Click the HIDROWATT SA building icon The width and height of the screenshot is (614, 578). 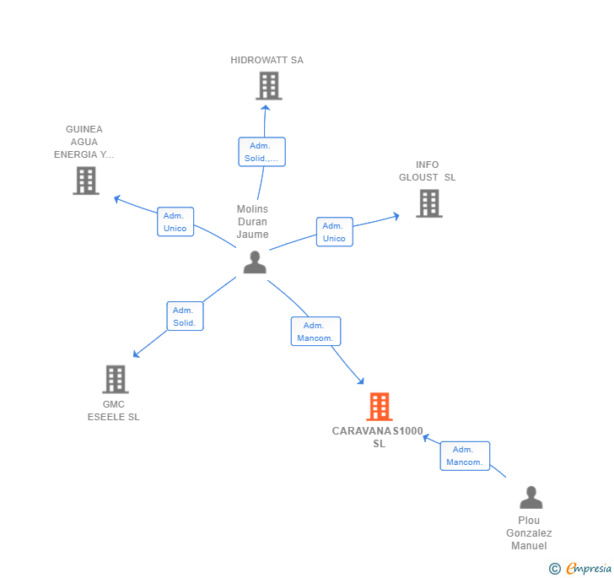[x=268, y=86]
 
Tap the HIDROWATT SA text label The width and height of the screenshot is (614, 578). [x=267, y=60]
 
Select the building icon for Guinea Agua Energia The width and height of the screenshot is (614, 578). [x=85, y=181]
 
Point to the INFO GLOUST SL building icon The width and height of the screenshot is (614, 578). [x=428, y=203]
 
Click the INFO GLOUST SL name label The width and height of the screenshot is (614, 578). [x=427, y=171]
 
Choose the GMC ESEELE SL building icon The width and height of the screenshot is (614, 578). [x=116, y=380]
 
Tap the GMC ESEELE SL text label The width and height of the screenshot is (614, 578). [x=113, y=410]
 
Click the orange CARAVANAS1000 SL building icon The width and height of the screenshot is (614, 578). [x=380, y=407]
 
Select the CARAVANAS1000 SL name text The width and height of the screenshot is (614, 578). [x=378, y=437]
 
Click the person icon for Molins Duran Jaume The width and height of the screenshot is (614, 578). [x=254, y=262]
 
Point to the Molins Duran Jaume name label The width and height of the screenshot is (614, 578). [x=252, y=222]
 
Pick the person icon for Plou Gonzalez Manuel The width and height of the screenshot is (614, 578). [x=531, y=497]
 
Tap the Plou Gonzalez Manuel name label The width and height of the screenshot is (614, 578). [x=529, y=532]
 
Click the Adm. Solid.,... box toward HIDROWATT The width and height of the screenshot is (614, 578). [x=261, y=152]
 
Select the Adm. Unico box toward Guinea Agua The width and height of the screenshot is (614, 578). [x=175, y=222]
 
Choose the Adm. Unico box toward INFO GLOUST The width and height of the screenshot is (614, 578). [x=334, y=232]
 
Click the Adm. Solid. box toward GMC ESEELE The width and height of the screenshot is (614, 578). [x=185, y=316]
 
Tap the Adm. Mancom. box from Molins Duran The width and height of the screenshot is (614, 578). [x=315, y=332]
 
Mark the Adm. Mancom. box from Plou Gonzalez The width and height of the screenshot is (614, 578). [x=465, y=456]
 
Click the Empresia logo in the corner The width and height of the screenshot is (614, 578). [x=580, y=569]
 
